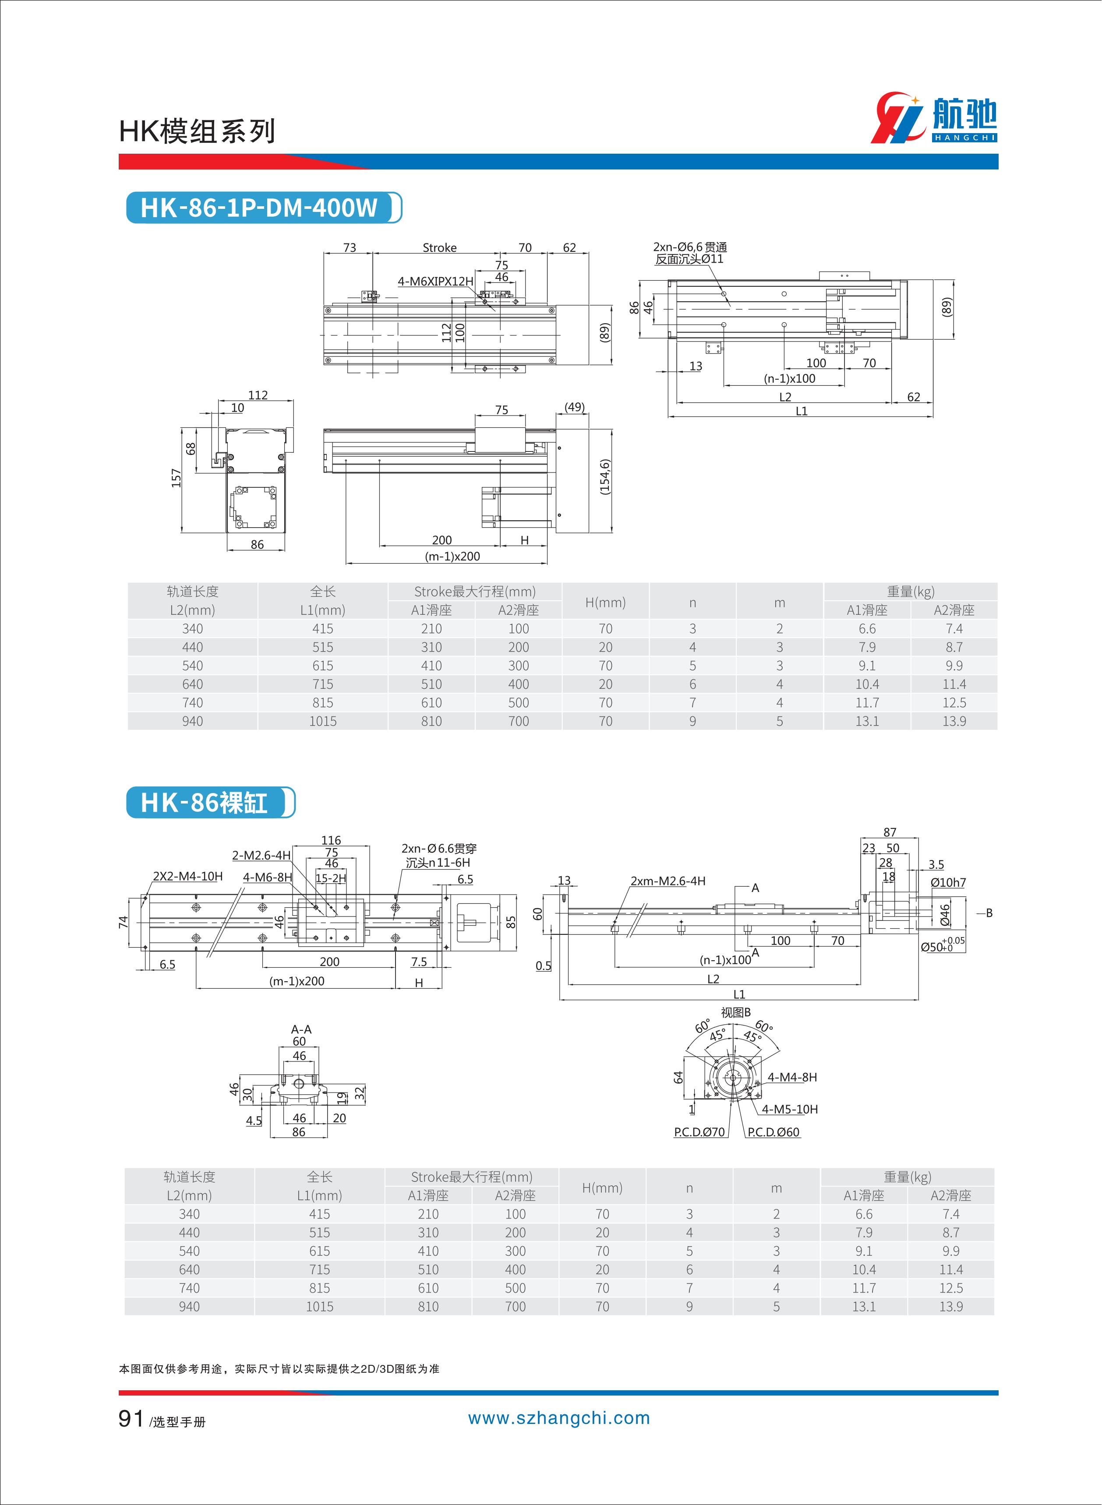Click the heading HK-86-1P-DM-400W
[x=259, y=208]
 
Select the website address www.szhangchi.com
[x=558, y=1418]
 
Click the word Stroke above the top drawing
[x=440, y=247]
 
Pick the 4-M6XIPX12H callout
[x=435, y=282]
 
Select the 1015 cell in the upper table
[x=323, y=721]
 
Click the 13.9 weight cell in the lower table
[x=950, y=1306]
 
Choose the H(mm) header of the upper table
[x=605, y=602]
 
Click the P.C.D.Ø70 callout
[x=699, y=1131]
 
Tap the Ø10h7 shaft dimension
[x=948, y=882]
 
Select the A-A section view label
[x=301, y=1029]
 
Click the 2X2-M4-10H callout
[x=188, y=876]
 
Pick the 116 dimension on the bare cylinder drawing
[x=331, y=840]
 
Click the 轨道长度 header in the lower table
[x=190, y=1177]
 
